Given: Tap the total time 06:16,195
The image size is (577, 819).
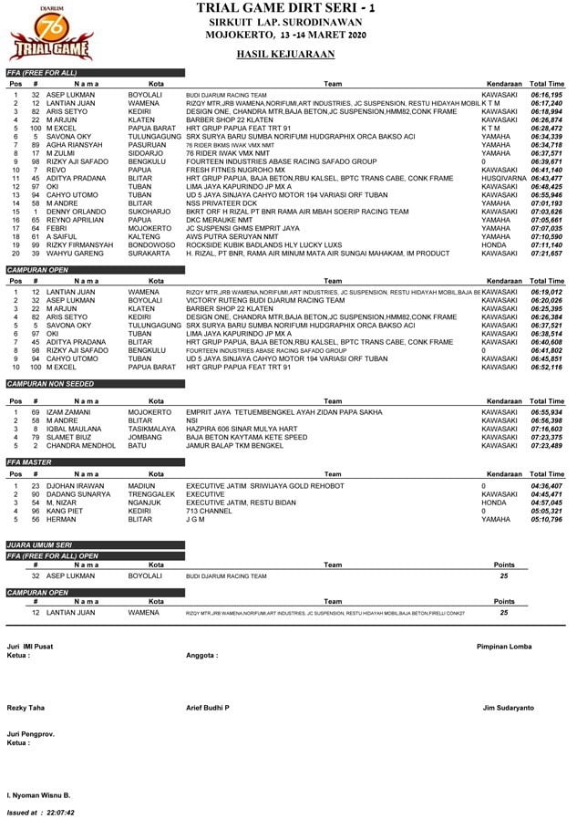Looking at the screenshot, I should [x=546, y=95].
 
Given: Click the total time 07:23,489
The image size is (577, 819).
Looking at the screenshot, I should [x=546, y=446].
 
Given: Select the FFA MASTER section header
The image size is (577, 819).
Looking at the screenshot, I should [x=31, y=463].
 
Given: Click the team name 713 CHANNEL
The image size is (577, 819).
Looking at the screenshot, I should [x=203, y=512].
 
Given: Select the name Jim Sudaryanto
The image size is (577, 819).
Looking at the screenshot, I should [x=509, y=708].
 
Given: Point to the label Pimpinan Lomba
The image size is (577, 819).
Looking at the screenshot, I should [x=504, y=646].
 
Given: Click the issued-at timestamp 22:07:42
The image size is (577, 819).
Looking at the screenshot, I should [x=57, y=811].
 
